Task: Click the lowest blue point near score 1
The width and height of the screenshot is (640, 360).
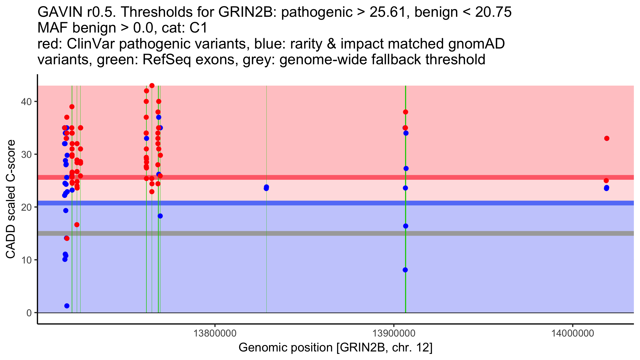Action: [67, 306]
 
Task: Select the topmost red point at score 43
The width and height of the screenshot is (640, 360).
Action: [152, 86]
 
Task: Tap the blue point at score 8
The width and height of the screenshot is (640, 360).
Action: [405, 270]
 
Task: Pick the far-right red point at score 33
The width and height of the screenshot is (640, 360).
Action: [607, 138]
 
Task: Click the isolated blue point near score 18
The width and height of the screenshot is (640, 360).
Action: [160, 216]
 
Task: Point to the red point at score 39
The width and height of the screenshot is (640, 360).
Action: [72, 107]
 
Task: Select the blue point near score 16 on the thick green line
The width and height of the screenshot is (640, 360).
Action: [406, 226]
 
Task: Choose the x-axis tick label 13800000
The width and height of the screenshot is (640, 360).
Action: [215, 333]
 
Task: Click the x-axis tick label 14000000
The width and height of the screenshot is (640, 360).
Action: [573, 333]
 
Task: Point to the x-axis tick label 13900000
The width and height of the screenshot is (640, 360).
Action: [394, 333]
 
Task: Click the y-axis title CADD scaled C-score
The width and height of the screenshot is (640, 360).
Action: [11, 199]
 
